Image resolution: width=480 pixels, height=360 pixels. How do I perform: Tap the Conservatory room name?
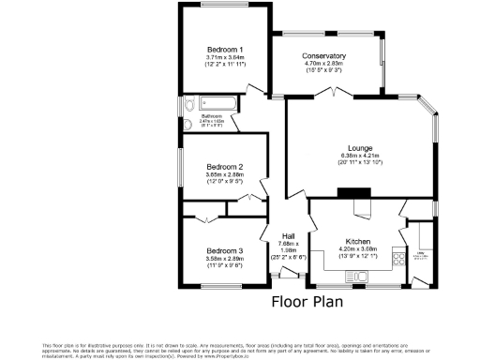324,56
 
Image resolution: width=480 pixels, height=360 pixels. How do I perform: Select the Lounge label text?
361,148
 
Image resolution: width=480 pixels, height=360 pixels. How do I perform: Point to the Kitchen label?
359,240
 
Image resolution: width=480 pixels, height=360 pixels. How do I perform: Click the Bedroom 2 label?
225,167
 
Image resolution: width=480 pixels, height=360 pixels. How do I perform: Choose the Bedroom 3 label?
225,250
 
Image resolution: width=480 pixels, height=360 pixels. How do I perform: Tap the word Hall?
290,235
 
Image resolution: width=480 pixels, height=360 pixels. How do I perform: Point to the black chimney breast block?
355,194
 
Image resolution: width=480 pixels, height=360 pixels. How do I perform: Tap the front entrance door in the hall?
287,274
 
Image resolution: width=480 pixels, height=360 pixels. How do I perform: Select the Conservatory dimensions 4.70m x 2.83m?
324,66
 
